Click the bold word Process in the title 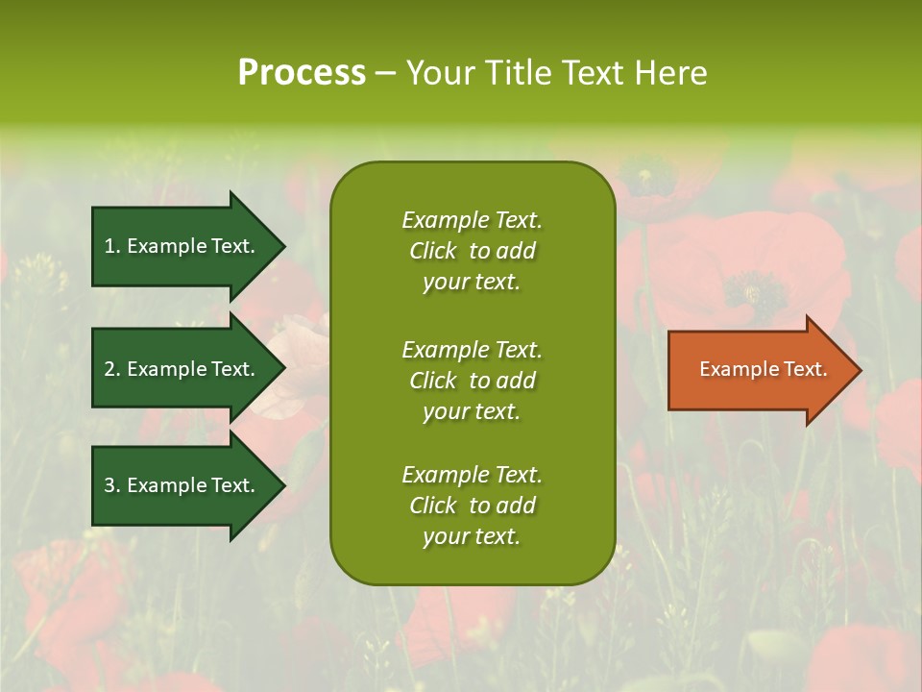302,73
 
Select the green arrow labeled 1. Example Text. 182,246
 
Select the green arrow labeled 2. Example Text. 182,369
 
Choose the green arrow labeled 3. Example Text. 182,485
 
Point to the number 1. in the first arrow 112,246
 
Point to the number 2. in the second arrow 112,369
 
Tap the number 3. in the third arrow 112,485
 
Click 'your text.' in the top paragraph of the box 472,283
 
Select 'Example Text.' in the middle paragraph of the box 472,350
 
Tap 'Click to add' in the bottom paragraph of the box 472,506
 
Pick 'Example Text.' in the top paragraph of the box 472,220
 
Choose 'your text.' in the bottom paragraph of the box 472,537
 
